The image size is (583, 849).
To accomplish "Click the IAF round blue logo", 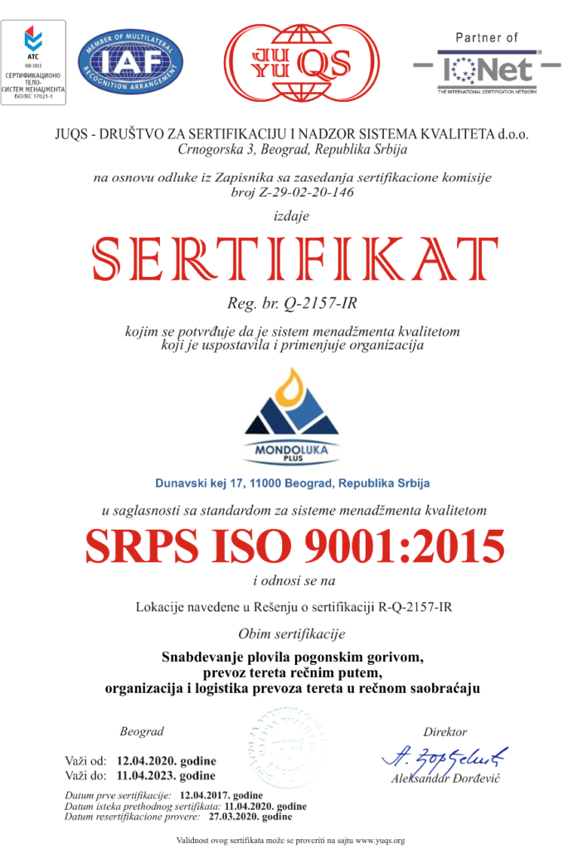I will [131, 64].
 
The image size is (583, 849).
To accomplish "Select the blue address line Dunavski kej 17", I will [292, 483].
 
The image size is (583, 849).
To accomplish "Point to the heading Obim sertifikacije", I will [291, 635].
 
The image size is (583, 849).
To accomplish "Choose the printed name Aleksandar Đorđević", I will [446, 780].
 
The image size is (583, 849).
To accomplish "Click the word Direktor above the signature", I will [445, 732].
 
